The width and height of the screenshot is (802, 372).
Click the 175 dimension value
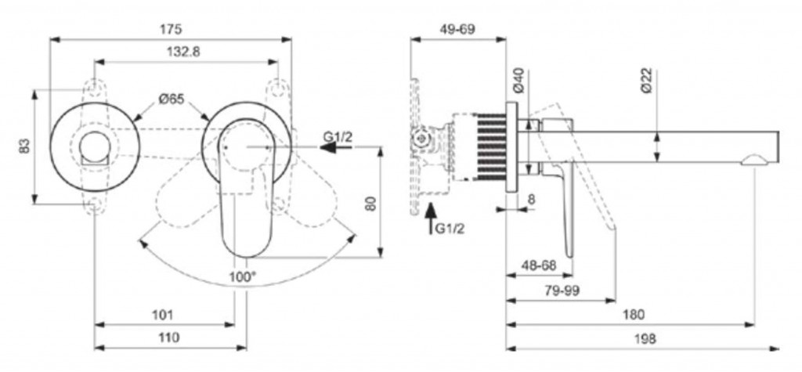click(x=171, y=29)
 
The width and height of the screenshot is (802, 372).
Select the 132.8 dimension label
click(x=183, y=52)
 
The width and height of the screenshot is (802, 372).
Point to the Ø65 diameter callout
click(x=172, y=99)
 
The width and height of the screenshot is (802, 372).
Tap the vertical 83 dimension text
click(x=24, y=147)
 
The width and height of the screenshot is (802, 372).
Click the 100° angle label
click(x=243, y=276)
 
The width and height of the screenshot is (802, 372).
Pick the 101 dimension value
click(x=163, y=315)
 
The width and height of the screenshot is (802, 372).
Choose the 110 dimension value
click(x=169, y=338)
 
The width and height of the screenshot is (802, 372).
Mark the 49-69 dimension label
click(x=457, y=29)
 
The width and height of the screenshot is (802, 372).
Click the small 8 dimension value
click(x=532, y=199)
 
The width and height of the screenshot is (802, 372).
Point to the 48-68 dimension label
click(x=539, y=265)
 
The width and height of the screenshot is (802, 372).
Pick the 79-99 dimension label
click(x=562, y=290)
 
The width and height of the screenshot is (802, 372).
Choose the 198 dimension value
click(x=645, y=338)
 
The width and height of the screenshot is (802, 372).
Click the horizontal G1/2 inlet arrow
click(x=336, y=147)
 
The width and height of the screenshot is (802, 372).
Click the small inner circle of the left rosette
click(x=94, y=146)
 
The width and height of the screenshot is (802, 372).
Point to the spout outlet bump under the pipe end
click(x=754, y=161)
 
